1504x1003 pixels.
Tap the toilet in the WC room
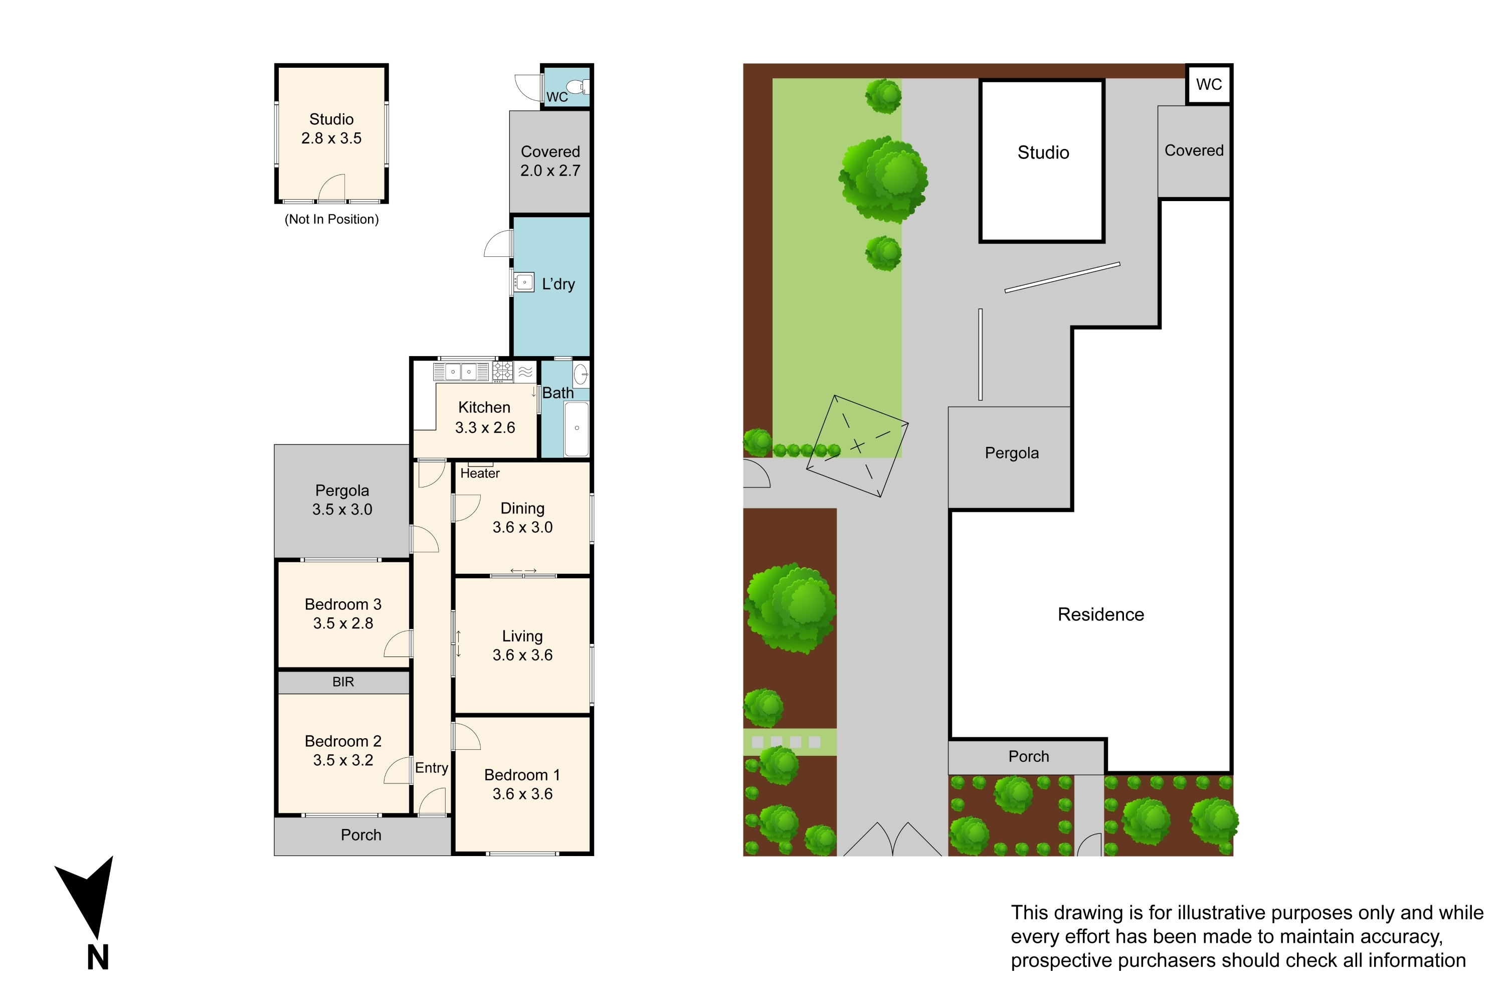pos(578,86)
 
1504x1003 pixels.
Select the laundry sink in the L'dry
pos(524,282)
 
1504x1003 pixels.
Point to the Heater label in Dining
pos(480,473)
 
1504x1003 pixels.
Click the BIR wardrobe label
pos(343,682)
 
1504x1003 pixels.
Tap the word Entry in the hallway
pos(432,768)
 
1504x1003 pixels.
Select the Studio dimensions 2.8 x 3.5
pos(331,138)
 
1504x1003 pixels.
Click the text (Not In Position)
pos(331,220)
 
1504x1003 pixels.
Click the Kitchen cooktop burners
pos(502,372)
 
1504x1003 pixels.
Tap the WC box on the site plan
pos(1209,84)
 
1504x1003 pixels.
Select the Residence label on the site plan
pos(1100,615)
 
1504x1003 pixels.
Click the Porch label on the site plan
pos(1028,756)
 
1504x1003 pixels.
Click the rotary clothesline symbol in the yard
pos(857,446)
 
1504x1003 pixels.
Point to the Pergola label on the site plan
pos(1012,453)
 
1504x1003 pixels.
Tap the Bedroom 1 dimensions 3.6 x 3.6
pos(522,794)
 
